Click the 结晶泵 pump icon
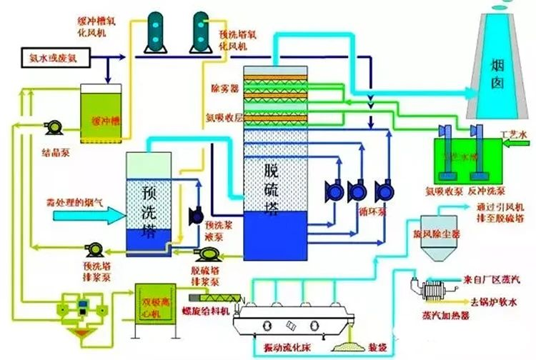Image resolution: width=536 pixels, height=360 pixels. (53, 127)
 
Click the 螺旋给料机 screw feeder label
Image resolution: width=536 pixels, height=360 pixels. (207, 312)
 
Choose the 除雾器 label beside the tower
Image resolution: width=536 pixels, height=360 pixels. (224, 89)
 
